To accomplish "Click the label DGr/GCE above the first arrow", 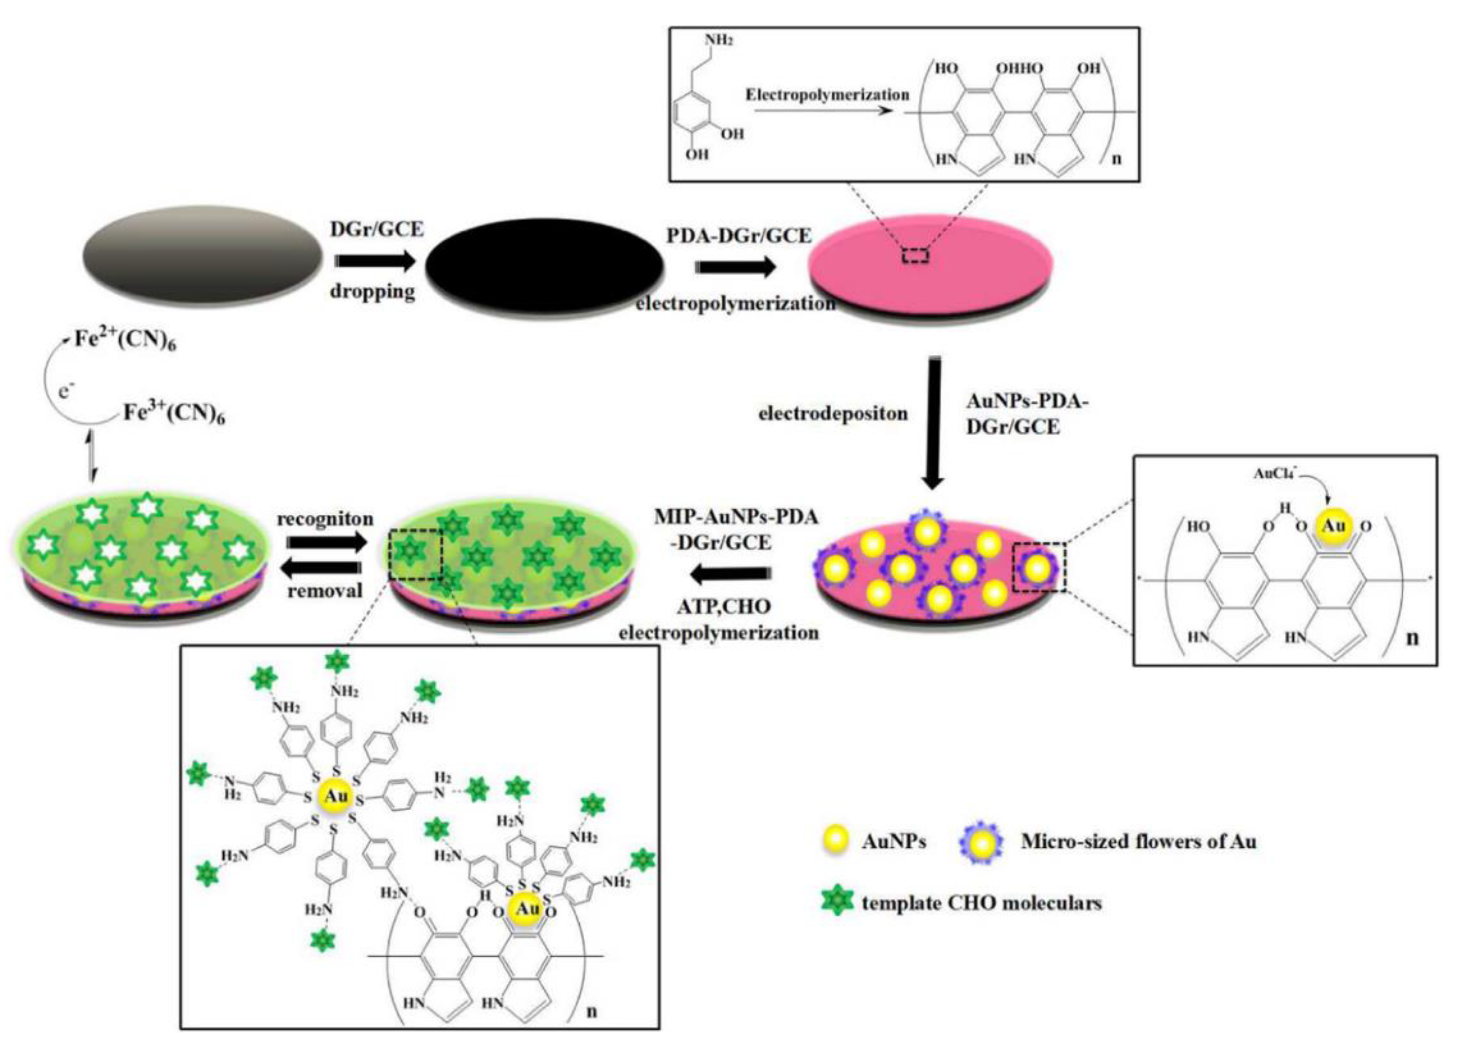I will (x=377, y=228).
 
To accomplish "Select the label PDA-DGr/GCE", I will (x=739, y=236).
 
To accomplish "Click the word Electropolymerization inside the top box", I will (x=828, y=95).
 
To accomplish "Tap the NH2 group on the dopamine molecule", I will (x=719, y=40).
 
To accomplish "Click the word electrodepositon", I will (x=833, y=413).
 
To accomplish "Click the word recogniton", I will (x=325, y=519).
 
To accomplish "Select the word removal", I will (x=325, y=590).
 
